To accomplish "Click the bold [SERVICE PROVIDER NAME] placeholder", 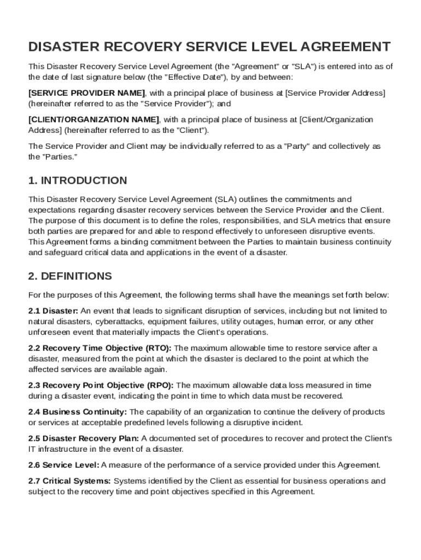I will [x=87, y=93].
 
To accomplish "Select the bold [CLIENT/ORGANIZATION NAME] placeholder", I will [x=93, y=119].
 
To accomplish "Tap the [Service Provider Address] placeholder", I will [x=336, y=93].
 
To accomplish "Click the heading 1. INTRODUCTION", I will [x=78, y=180].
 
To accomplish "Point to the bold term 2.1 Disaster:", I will [x=53, y=311].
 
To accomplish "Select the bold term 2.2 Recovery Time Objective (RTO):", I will [x=100, y=348].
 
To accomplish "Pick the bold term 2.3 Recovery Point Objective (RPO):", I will [x=101, y=385].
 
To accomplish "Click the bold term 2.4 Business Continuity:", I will [x=78, y=412].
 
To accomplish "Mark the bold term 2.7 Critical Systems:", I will [x=69, y=481].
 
